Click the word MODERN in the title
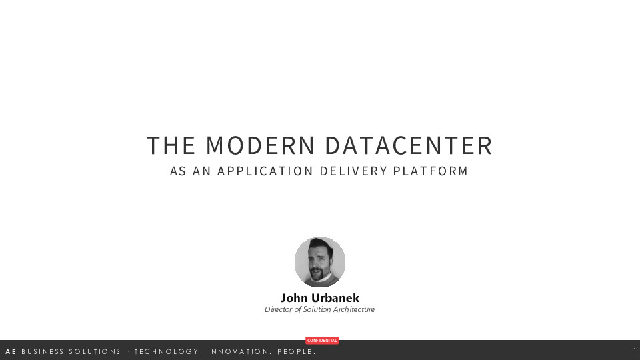click(260, 145)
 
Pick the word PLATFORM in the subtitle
click(431, 171)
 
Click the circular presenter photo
click(320, 262)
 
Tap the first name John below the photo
click(294, 298)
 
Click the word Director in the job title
click(279, 309)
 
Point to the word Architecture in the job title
click(353, 309)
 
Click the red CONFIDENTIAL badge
click(322, 341)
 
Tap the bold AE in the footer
click(11, 351)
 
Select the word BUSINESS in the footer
click(43, 351)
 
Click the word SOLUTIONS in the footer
click(95, 351)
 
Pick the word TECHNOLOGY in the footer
click(167, 351)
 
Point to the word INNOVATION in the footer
click(239, 351)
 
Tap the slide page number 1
click(635, 351)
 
